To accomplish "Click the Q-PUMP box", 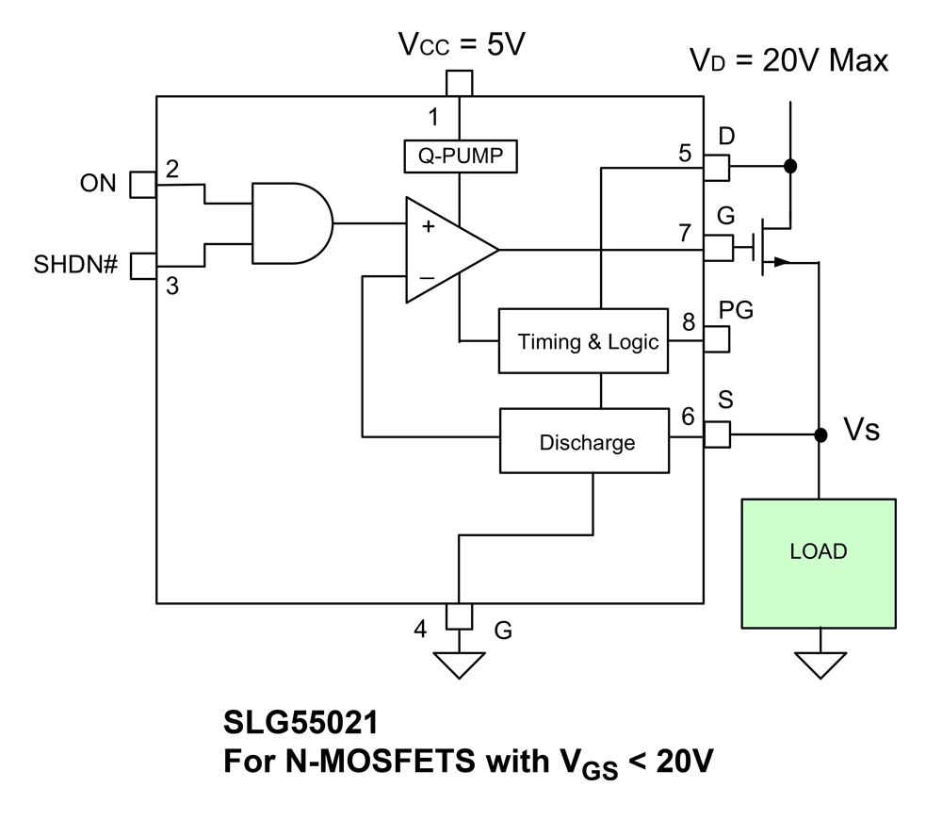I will [x=461, y=156].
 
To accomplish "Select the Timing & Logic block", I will [x=588, y=341].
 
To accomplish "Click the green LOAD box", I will [x=819, y=563].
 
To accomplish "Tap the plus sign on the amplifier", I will [x=428, y=226].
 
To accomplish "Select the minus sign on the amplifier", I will [x=427, y=278].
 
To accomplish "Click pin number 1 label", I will [x=433, y=118].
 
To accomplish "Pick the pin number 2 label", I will [x=172, y=170].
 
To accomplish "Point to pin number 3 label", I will [x=172, y=286].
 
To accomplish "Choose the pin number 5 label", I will [x=685, y=153].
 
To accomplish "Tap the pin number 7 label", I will [x=685, y=233].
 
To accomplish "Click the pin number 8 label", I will [x=689, y=322].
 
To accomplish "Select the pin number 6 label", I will [x=689, y=416].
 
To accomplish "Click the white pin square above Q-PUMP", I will [x=460, y=83].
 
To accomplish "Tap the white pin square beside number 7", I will [x=718, y=248].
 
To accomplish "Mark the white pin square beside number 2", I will [x=143, y=184].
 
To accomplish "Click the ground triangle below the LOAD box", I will [x=820, y=664].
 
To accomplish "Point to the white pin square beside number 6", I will [x=717, y=435].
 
